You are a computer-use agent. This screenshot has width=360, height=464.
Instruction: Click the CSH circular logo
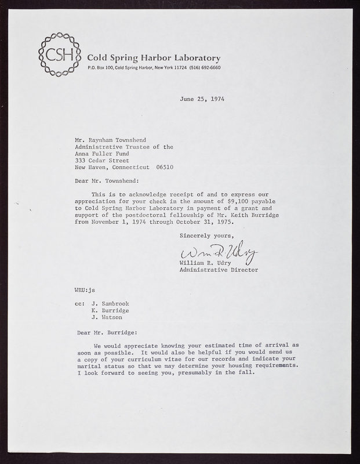[59, 56]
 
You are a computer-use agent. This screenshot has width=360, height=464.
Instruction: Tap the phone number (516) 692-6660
[203, 68]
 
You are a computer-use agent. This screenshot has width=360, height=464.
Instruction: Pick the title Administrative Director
[227, 270]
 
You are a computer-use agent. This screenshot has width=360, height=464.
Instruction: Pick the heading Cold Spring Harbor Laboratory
[153, 58]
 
